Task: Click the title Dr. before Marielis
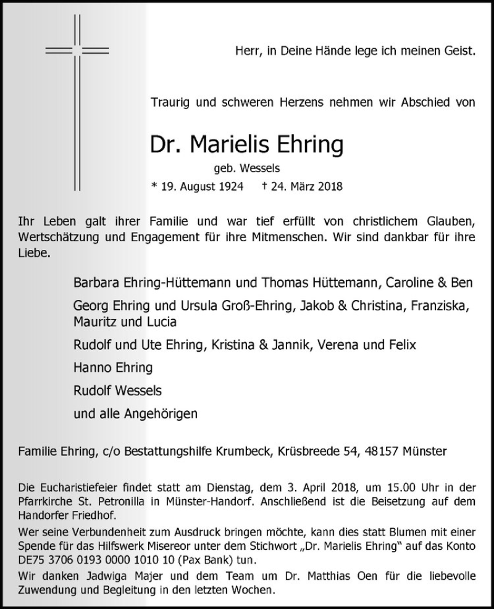point(166,145)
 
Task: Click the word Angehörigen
point(164,413)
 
